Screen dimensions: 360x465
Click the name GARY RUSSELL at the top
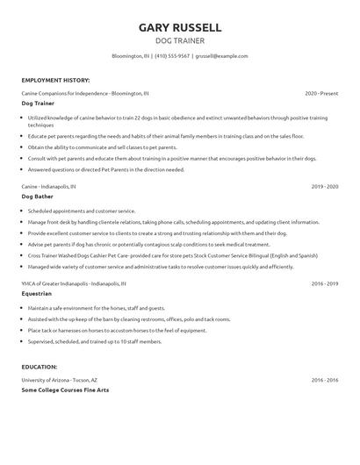click(x=180, y=27)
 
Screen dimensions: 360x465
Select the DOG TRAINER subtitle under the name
click(x=180, y=41)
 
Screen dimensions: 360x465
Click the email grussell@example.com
click(x=221, y=55)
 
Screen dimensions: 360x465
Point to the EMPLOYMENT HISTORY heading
click(x=55, y=79)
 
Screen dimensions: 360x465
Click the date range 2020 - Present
click(x=321, y=92)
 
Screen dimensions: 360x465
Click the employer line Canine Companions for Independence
click(x=85, y=92)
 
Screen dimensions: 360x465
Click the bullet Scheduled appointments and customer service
click(x=82, y=211)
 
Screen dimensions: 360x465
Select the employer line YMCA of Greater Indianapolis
click(x=75, y=284)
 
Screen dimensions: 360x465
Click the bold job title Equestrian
click(x=36, y=295)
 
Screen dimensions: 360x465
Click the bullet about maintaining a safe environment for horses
click(x=97, y=309)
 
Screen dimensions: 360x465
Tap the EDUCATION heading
click(x=40, y=368)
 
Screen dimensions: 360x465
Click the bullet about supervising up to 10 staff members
click(x=95, y=341)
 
